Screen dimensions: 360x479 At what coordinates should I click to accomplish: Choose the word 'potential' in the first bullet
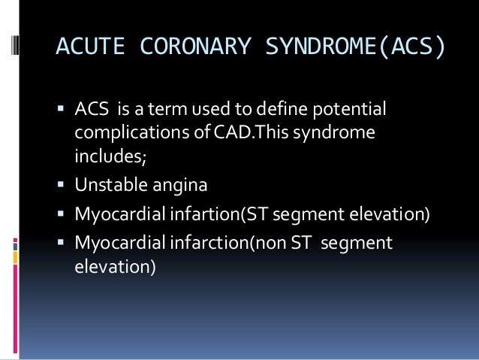[x=355, y=111]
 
